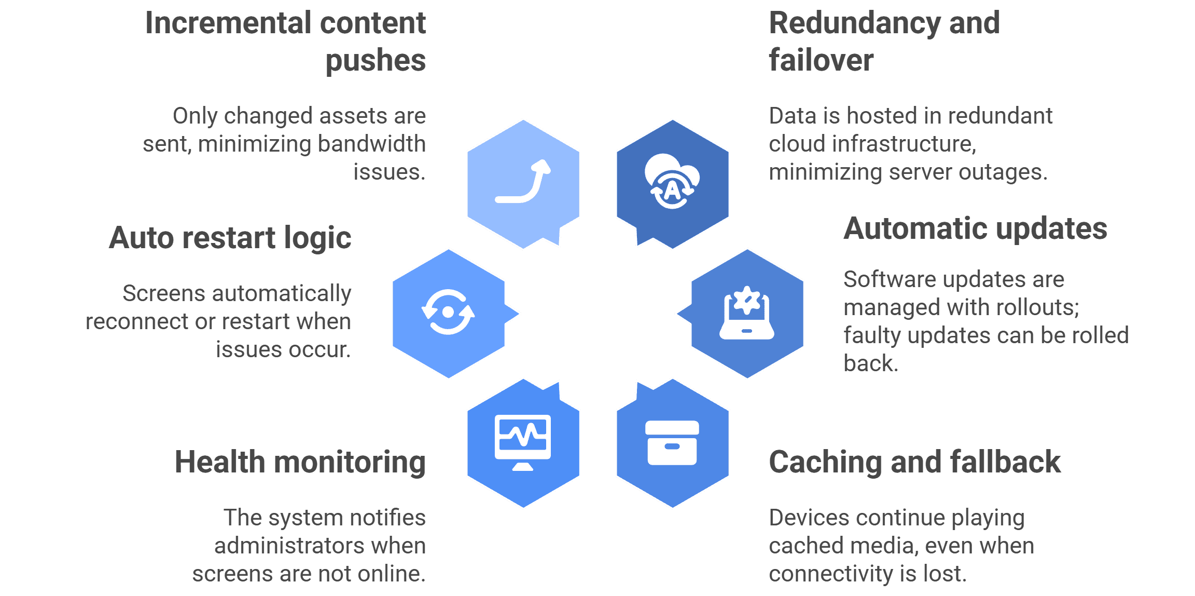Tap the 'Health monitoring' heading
[x=300, y=463]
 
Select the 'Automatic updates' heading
[x=976, y=229]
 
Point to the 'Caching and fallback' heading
[x=915, y=462]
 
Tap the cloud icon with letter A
[x=672, y=181]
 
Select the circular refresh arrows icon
[x=448, y=312]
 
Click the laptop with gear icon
[x=747, y=313]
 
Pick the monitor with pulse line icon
[x=523, y=443]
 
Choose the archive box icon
[x=672, y=443]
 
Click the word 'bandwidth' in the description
[x=372, y=144]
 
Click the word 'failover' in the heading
[x=821, y=60]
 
